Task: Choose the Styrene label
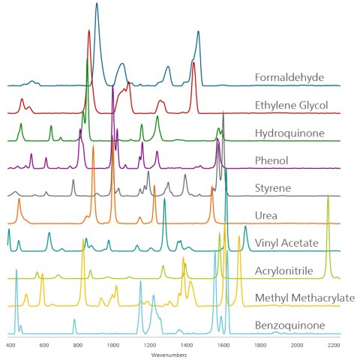274,187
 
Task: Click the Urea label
268,215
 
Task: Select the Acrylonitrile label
287,271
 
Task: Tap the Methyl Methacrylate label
304,298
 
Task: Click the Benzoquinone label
289,326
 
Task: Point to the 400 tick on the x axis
10,345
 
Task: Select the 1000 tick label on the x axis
113,345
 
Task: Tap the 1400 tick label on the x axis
187,345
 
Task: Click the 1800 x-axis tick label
260,345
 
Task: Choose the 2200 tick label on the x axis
333,345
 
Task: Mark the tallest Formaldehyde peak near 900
97,4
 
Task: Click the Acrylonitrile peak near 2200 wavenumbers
328,196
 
